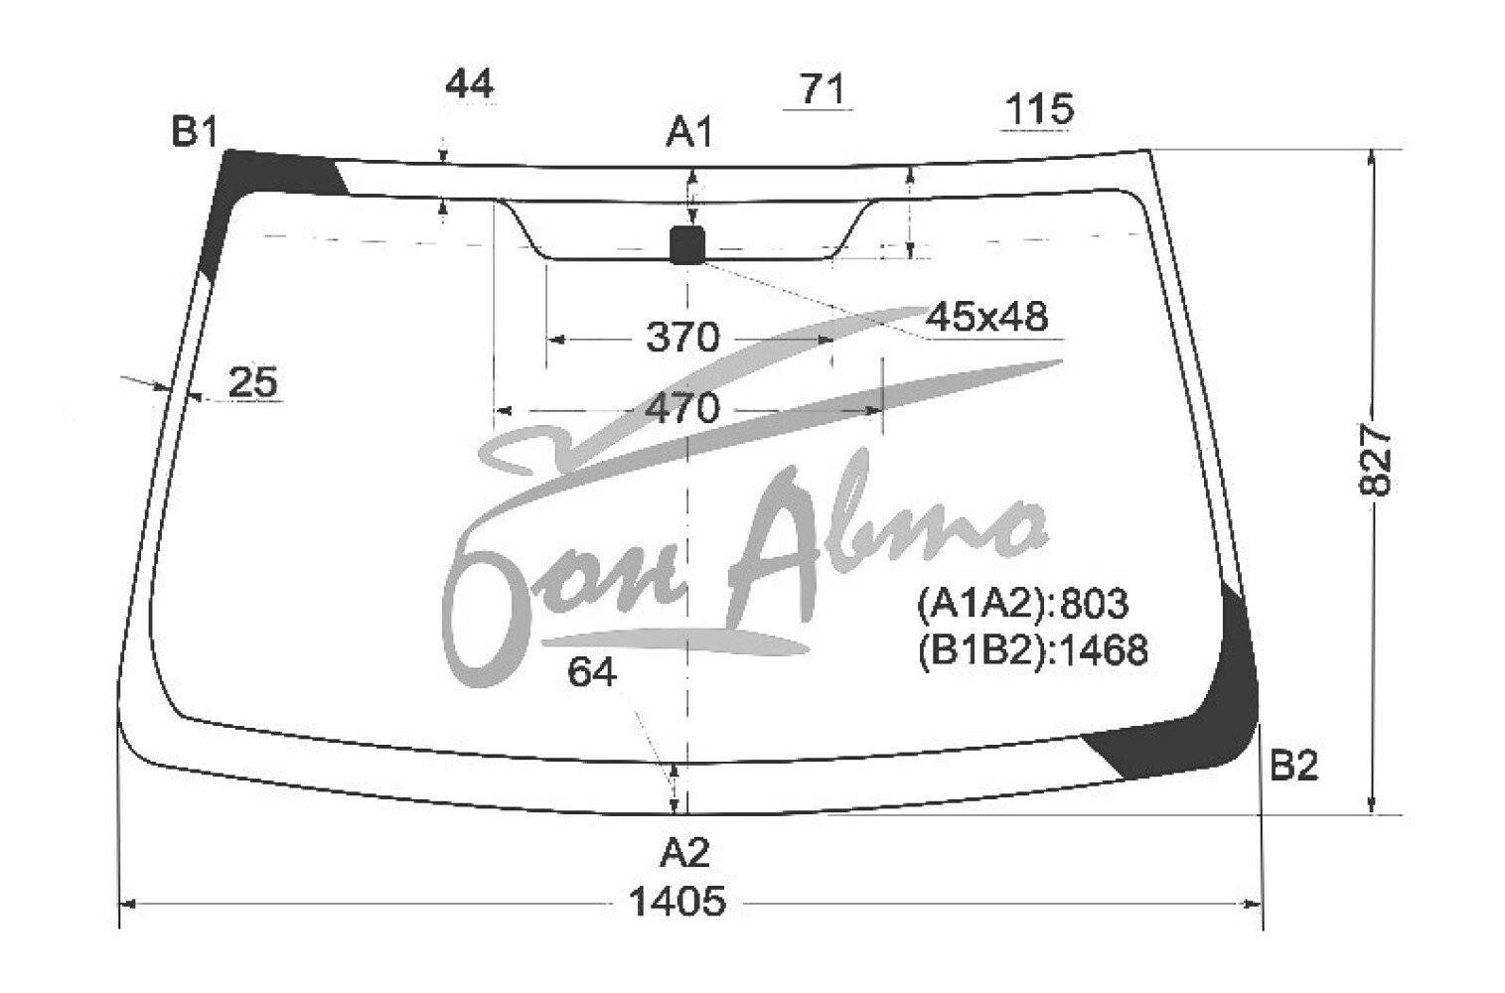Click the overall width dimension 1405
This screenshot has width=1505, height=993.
pos(677,902)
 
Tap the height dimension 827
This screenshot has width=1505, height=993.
pos(1375,459)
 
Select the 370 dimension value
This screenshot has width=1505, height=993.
pos(682,337)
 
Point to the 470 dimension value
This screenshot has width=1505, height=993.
pos(682,408)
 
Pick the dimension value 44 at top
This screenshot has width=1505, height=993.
pos(470,84)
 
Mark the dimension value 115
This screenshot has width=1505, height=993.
pos(1039,109)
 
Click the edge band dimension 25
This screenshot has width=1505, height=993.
pos(252,382)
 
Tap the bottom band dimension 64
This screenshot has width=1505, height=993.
pos(592,671)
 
